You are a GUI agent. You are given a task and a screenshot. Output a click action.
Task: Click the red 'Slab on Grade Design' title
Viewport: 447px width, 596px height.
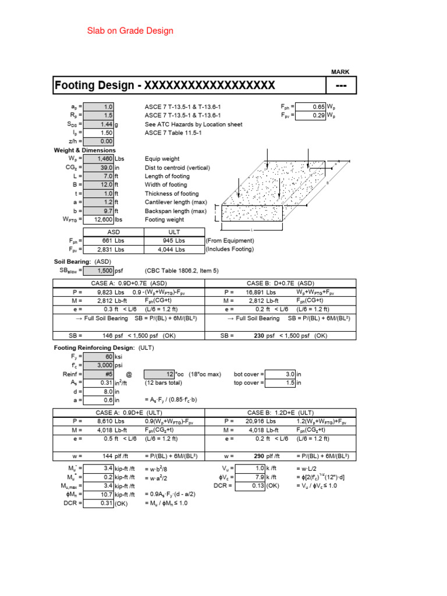click(130, 30)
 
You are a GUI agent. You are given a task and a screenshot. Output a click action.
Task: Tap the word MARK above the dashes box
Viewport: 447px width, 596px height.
click(340, 72)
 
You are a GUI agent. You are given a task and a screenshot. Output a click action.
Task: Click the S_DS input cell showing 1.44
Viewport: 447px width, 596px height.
click(99, 125)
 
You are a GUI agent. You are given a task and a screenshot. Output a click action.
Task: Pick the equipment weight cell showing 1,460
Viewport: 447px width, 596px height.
click(99, 158)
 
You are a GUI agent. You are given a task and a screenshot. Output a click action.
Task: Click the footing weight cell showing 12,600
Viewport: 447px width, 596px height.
click(99, 219)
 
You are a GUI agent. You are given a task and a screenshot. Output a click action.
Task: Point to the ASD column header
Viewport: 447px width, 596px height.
click(113, 232)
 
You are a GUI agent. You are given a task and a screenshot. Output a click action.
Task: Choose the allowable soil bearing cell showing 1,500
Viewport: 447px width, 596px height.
click(99, 271)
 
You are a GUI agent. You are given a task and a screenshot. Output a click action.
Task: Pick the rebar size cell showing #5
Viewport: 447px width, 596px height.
click(99, 374)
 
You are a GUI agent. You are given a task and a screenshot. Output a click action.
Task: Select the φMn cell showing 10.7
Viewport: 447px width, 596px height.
click(99, 494)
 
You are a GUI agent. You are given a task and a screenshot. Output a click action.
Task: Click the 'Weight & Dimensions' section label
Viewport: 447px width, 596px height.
click(84, 150)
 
